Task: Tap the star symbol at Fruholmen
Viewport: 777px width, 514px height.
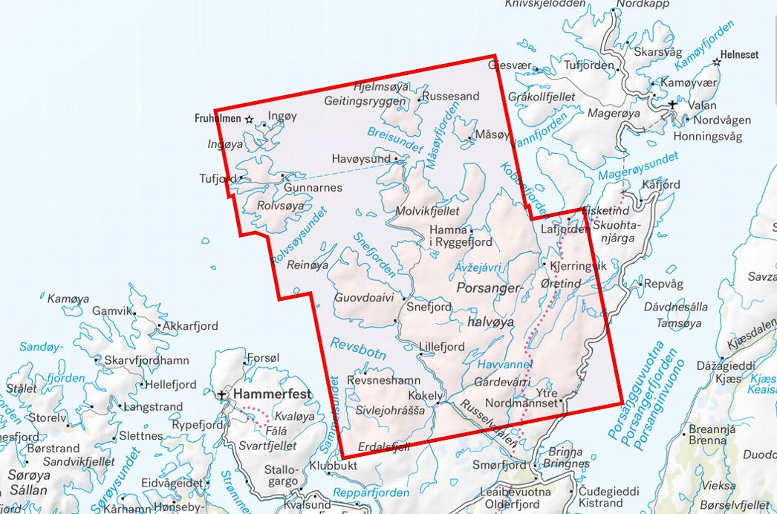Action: pyautogui.click(x=250, y=119)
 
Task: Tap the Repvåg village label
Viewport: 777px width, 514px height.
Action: pyautogui.click(x=663, y=284)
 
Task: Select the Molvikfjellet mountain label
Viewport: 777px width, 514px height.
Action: pyautogui.click(x=428, y=211)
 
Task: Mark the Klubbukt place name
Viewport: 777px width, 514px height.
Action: pyautogui.click(x=334, y=466)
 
